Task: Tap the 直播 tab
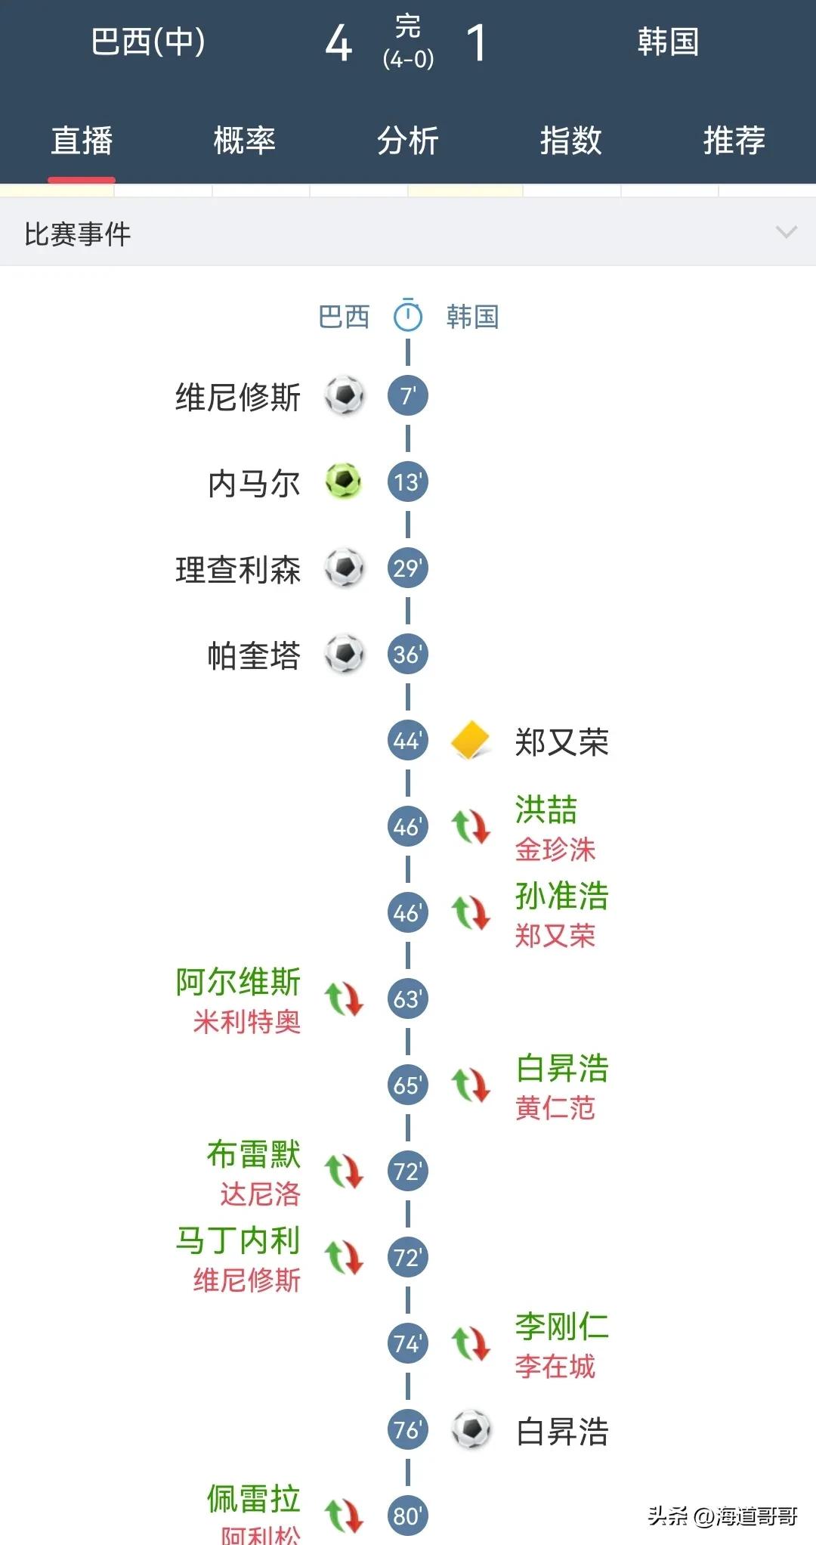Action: [x=82, y=141]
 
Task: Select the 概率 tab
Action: [x=244, y=141]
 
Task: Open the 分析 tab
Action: [x=407, y=141]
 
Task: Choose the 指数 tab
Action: [x=570, y=141]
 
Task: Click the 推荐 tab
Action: [x=734, y=141]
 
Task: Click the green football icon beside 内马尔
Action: [x=344, y=481]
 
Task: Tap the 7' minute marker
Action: [x=407, y=395]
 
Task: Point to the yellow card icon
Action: [x=470, y=740]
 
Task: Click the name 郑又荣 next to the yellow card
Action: [x=561, y=742]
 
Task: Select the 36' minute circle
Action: [x=407, y=654]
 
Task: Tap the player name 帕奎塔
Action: [x=254, y=655]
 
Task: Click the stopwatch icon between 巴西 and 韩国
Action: [x=407, y=315]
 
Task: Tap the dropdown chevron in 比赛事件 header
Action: [x=787, y=232]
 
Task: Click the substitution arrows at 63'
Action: [x=344, y=999]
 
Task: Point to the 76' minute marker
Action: [x=407, y=1429]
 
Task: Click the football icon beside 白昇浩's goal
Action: [x=471, y=1429]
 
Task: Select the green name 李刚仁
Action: [x=561, y=1327]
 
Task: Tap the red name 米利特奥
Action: [x=246, y=1022]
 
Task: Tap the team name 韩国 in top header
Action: [x=667, y=42]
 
